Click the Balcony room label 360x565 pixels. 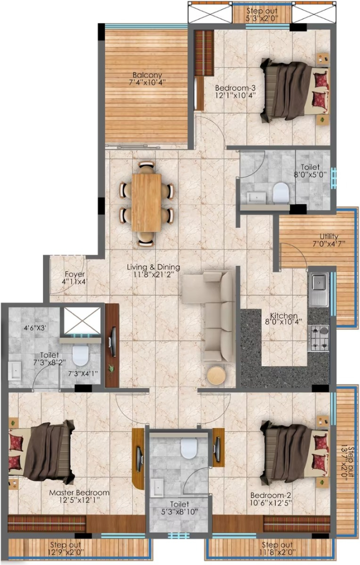tap(147, 75)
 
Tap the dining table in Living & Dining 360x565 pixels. tap(147, 202)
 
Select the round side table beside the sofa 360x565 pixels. tap(216, 375)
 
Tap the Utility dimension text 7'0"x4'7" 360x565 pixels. tap(329, 243)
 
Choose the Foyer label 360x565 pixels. tap(75, 274)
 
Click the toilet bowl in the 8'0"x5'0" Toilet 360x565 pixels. tap(280, 193)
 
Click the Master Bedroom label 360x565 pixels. tap(80, 493)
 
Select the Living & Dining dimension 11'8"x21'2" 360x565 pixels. tap(153, 275)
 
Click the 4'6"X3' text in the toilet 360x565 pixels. tap(35, 328)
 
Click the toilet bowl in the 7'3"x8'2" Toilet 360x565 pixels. tap(80, 355)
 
